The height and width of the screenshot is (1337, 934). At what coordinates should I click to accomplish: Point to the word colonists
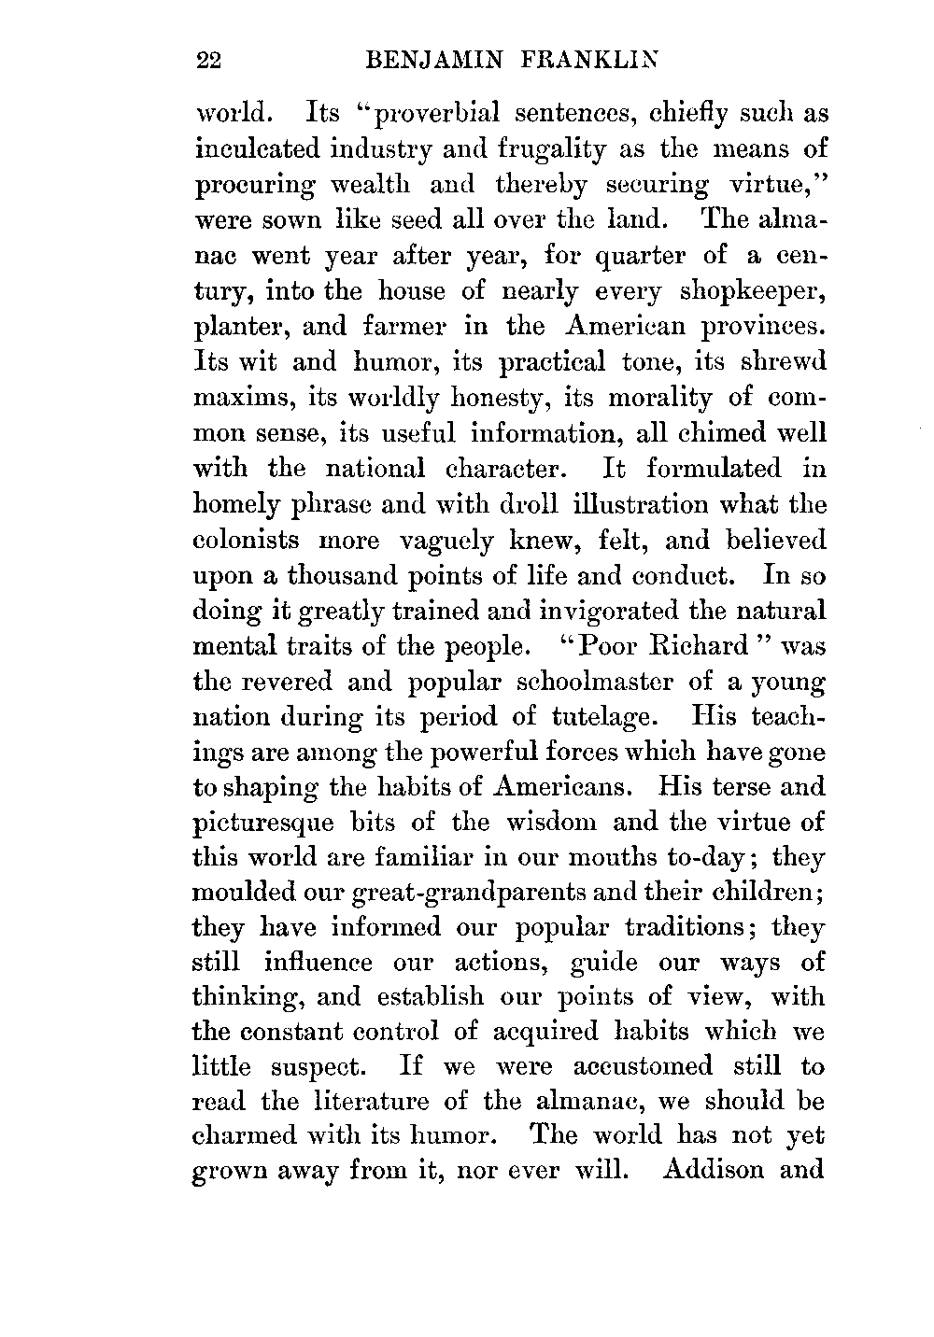[x=247, y=540]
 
